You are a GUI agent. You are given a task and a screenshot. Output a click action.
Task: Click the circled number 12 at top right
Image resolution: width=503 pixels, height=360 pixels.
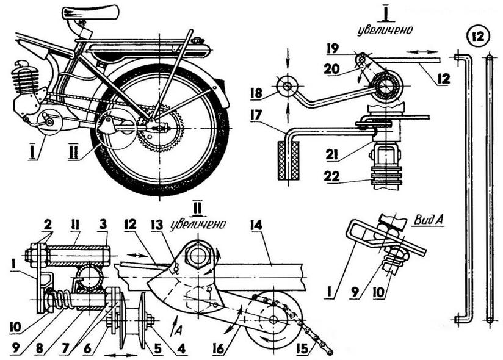(x=476, y=34)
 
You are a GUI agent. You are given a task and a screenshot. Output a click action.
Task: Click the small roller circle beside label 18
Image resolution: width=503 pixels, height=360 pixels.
(x=285, y=85)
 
